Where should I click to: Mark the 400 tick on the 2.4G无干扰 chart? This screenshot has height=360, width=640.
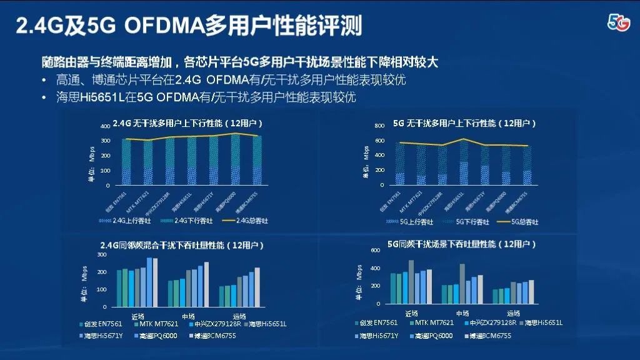click(105, 126)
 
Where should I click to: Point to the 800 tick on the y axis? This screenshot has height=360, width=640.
click(379, 126)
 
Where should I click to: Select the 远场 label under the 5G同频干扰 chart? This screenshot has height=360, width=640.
click(513, 313)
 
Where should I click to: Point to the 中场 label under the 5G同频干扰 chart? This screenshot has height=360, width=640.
click(462, 313)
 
